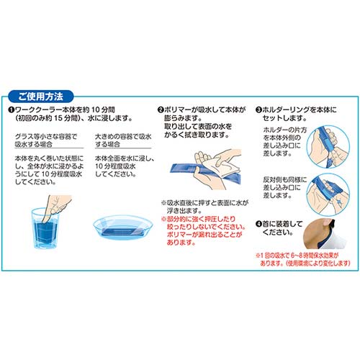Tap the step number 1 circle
[x=12, y=109]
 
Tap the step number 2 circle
[x=160, y=109]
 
